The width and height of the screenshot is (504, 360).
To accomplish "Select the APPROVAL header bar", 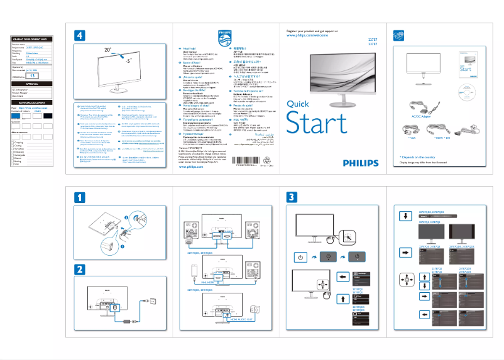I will [x=32, y=83].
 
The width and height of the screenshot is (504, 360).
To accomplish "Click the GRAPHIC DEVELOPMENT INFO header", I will [x=32, y=39].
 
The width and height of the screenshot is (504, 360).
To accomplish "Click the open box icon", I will [x=398, y=36].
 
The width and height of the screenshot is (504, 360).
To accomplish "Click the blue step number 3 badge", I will [x=292, y=197].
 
